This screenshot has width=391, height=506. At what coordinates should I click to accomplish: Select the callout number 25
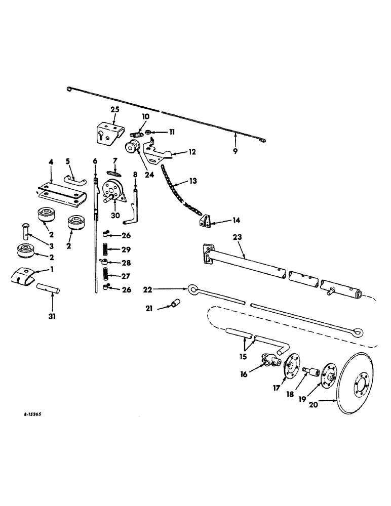click(x=114, y=110)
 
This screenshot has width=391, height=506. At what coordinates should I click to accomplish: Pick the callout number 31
click(x=52, y=317)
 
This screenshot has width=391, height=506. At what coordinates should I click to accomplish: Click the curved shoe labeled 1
click(x=23, y=274)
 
